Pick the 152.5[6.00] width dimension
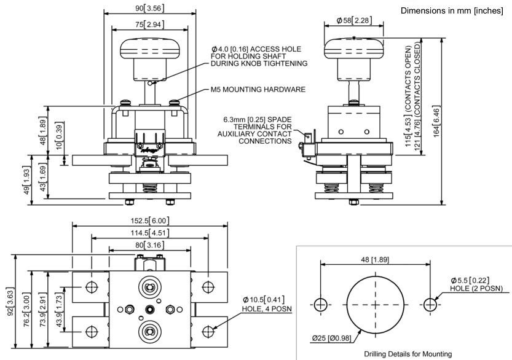point(151,221)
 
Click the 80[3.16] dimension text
point(149,245)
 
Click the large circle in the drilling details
point(376,304)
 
